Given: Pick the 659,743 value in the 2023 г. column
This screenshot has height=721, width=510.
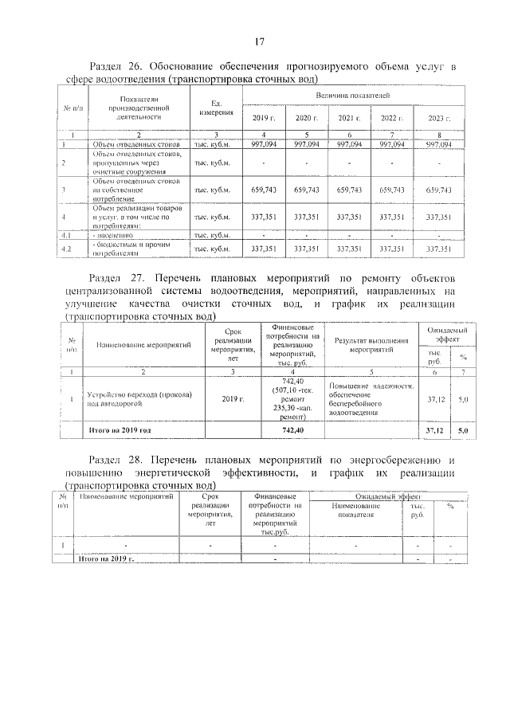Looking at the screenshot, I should tap(439, 190).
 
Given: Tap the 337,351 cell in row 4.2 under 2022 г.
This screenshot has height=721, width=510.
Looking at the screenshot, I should tap(392, 249).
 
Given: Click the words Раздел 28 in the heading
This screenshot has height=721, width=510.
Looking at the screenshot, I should tap(119, 460).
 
